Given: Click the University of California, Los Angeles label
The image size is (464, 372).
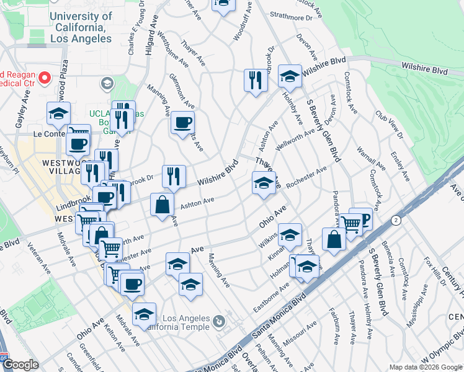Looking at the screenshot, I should click(x=81, y=27).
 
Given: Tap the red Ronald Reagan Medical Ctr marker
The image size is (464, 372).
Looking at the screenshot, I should click(x=45, y=78).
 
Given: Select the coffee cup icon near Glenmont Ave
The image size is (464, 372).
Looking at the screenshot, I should click(x=182, y=122).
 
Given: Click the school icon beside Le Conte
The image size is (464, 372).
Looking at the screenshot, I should click(x=58, y=113).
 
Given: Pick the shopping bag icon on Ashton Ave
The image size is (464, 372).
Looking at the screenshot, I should click(x=162, y=204).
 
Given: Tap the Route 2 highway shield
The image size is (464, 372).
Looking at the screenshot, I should click(x=395, y=220).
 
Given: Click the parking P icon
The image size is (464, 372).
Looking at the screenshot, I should click(x=363, y=218).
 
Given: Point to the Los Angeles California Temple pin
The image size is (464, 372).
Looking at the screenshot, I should click(x=218, y=322).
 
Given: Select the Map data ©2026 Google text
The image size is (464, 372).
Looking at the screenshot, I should click(x=425, y=367).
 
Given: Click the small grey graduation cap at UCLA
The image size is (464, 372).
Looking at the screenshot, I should click(x=107, y=83).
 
